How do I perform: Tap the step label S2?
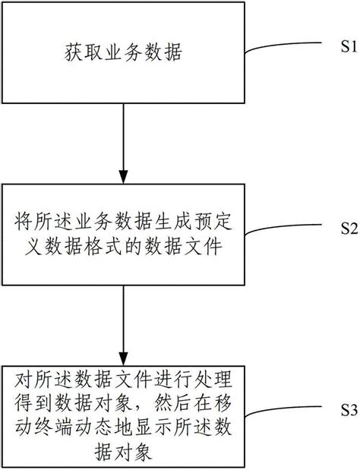point(347,227)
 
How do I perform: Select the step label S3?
point(347,411)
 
